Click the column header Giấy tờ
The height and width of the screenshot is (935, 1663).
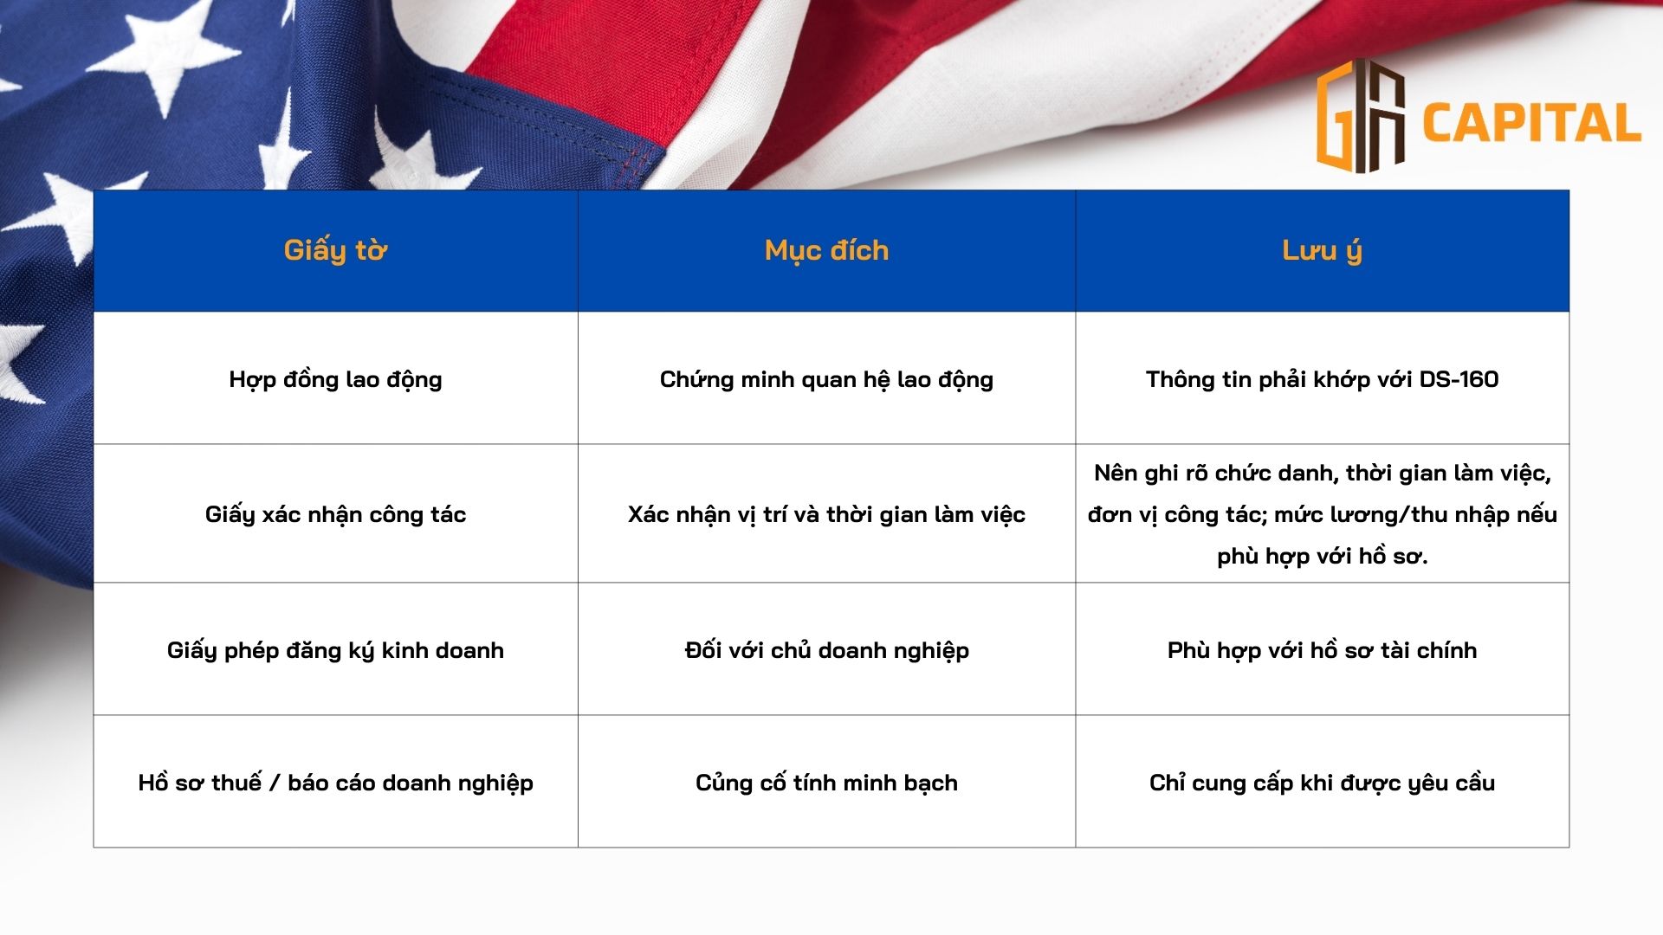335,250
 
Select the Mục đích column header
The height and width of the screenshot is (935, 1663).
826,250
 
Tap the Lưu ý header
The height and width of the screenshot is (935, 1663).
1322,250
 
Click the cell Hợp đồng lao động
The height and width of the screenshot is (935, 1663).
335,379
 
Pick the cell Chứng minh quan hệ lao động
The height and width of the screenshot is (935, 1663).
826,379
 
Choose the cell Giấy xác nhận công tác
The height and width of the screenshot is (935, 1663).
335,514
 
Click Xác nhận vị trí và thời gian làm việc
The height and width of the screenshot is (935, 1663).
826,514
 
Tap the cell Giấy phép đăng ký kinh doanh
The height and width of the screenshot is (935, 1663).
335,650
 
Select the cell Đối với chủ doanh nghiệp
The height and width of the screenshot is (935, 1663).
826,650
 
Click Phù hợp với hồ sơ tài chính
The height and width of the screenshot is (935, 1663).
1322,650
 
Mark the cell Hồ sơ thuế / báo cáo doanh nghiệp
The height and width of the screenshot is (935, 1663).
335,783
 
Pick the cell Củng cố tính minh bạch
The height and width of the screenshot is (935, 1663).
826,783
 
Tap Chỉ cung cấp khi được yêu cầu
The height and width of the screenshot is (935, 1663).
1322,783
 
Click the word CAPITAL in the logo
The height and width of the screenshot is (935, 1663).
1530,123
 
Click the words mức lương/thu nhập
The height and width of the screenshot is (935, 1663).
1392,514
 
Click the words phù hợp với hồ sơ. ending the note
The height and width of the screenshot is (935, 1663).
1322,556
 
